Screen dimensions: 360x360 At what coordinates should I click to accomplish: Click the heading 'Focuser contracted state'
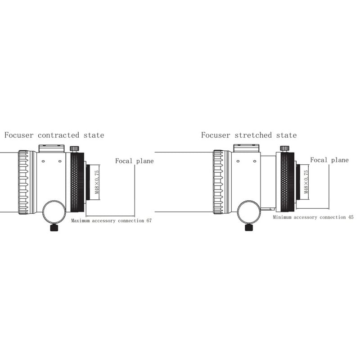pos(54,135)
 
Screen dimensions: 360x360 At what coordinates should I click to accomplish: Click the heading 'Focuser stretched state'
pos(249,135)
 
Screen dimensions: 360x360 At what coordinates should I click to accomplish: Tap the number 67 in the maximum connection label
pos(149,220)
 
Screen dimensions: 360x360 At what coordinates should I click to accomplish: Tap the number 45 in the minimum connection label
pos(351,217)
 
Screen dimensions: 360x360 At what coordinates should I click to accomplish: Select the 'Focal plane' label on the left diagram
pos(134,161)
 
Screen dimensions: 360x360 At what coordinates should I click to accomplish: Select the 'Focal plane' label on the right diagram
pos(329,160)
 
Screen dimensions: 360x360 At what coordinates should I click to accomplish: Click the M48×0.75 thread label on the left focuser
pos(97,182)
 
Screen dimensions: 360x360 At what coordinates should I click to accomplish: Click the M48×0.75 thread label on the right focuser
pos(306,182)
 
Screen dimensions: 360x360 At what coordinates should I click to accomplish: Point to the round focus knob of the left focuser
pos(54,212)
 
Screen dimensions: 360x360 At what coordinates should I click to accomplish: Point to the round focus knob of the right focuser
pos(249,212)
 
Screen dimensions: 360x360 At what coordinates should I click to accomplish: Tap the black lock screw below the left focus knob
pos(54,228)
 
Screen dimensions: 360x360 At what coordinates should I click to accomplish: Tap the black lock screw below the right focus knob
pos(249,228)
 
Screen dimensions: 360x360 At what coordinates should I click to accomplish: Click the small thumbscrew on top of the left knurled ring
pos(74,148)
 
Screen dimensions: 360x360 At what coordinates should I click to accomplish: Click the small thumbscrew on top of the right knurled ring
pos(285,148)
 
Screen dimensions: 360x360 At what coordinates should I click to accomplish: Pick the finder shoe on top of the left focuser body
pos(51,148)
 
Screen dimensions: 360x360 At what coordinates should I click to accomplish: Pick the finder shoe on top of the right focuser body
pos(246,148)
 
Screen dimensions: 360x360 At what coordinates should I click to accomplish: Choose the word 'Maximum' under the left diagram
pos(81,220)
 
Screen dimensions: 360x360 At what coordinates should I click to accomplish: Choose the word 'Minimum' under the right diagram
pos(282,217)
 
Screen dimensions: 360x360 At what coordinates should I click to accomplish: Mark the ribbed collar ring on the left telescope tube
pos(23,182)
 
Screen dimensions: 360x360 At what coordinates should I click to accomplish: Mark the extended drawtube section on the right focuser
pos(268,182)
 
